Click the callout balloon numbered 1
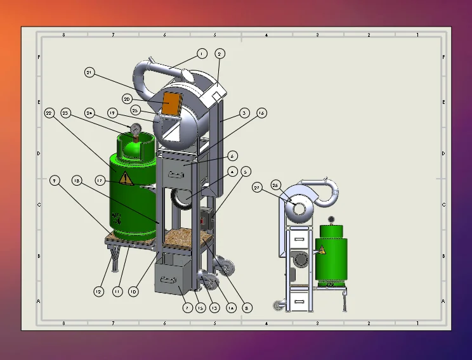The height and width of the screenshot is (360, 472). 202,54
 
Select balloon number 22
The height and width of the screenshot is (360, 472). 50,113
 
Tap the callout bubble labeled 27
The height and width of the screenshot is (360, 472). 257,187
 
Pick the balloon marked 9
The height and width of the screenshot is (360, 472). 56,181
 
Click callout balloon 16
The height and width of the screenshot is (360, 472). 261,113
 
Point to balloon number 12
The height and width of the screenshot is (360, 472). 98,292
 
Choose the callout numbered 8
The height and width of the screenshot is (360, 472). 247,307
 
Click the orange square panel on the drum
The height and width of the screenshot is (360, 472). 171,103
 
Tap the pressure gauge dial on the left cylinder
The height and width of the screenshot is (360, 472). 136,129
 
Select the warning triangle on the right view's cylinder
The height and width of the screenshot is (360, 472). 322,250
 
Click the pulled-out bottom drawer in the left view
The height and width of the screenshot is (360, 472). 174,277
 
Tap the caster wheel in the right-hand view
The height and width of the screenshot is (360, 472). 277,305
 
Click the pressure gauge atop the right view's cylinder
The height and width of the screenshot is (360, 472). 331,219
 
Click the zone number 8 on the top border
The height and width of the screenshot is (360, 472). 63,34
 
